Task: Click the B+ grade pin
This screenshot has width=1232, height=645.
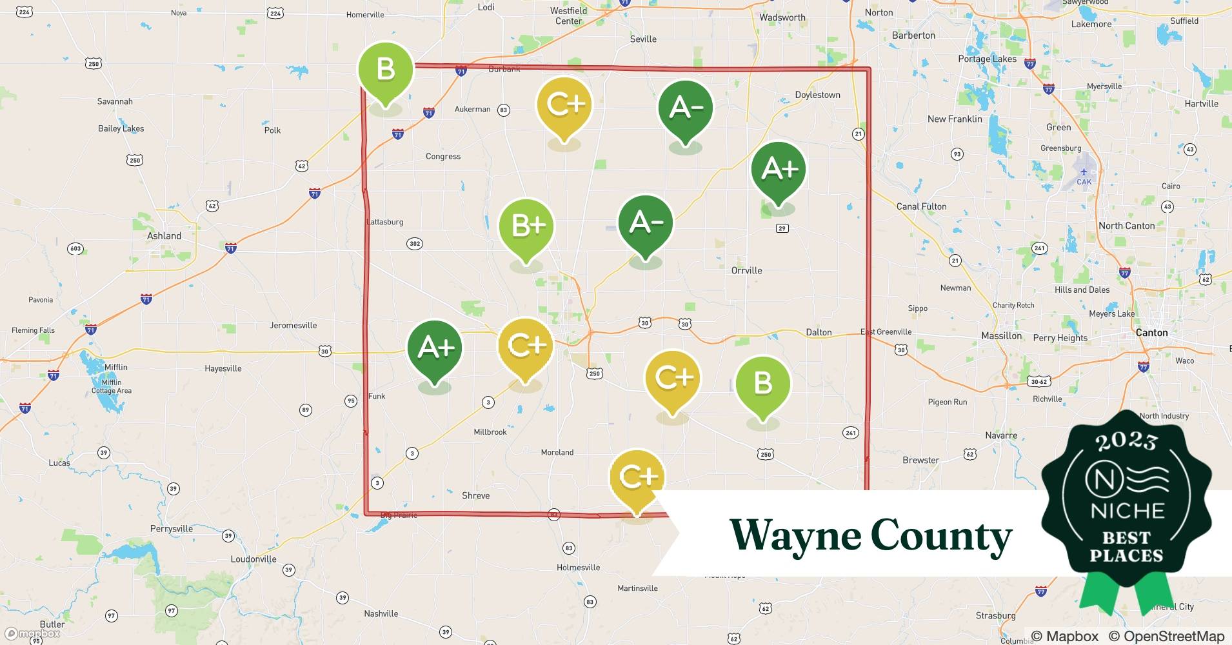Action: (527, 226)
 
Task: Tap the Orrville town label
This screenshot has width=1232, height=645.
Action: (746, 270)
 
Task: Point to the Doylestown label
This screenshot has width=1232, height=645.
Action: (817, 95)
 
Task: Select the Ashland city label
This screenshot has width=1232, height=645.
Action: (164, 236)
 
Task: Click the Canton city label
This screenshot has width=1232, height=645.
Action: (1151, 333)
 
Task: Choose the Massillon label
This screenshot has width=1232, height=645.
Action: (1001, 336)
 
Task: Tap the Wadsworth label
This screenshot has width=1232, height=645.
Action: (782, 17)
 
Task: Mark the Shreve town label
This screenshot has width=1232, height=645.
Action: (475, 495)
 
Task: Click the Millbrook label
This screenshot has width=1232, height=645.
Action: (490, 432)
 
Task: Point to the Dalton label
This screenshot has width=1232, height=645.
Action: (819, 332)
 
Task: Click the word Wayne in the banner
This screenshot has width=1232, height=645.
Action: (795, 535)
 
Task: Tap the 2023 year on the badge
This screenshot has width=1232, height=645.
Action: (1126, 441)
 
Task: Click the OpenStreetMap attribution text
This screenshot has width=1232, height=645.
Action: (1166, 636)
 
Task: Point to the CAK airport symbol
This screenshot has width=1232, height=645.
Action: (1084, 172)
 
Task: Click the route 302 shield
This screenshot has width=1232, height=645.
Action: (415, 244)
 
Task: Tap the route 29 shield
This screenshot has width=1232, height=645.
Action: (782, 228)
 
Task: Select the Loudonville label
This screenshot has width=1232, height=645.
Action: (253, 559)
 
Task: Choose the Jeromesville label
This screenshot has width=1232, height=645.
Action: (293, 325)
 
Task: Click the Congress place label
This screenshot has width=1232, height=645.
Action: (443, 156)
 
